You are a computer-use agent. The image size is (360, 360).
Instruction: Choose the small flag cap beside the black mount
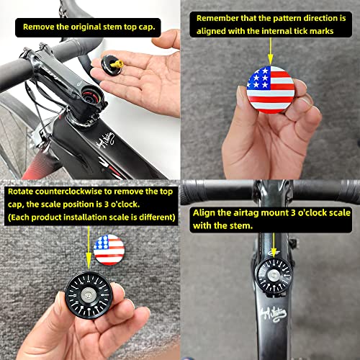point(107,249)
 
